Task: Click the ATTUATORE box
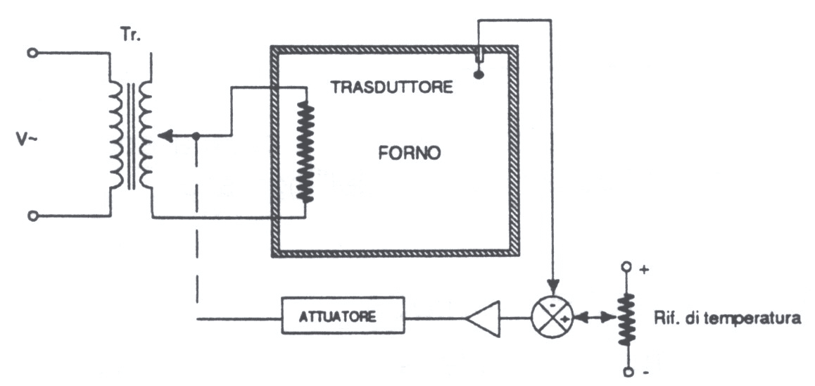[343, 315]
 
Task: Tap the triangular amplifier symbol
[482, 317]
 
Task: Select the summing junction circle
[552, 316]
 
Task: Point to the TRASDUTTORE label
[392, 87]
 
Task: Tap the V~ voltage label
[27, 139]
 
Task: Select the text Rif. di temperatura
[726, 318]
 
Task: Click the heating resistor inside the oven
[305, 151]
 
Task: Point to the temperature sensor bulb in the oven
[478, 75]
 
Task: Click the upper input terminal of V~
[32, 53]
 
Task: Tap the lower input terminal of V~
[32, 216]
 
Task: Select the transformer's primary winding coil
[117, 135]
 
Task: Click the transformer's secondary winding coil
[145, 135]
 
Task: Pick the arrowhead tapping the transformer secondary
[165, 136]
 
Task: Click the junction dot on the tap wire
[196, 136]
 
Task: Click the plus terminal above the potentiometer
[627, 268]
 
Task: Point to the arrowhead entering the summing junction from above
[552, 287]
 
